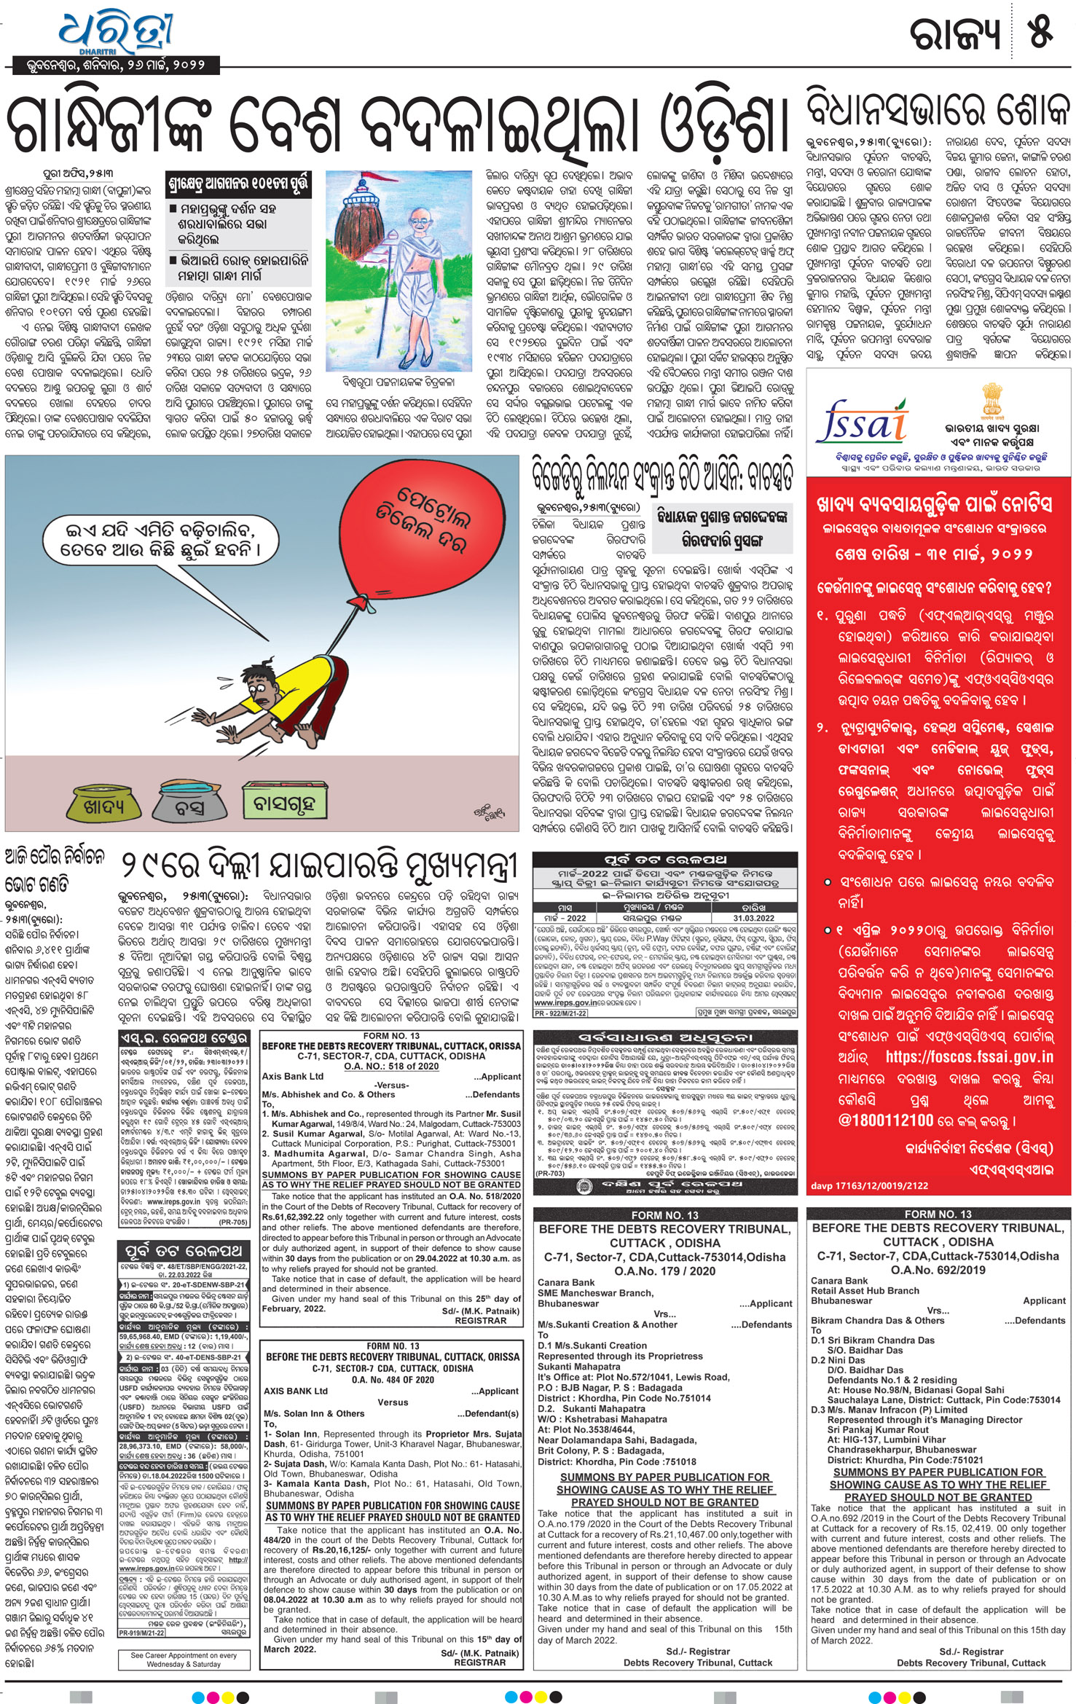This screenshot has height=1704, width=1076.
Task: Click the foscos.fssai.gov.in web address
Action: (969, 1056)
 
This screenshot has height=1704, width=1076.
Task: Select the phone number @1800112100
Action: (886, 1120)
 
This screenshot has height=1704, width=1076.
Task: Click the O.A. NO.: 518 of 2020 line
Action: (391, 1066)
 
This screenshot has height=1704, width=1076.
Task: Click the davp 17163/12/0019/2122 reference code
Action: (869, 1185)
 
